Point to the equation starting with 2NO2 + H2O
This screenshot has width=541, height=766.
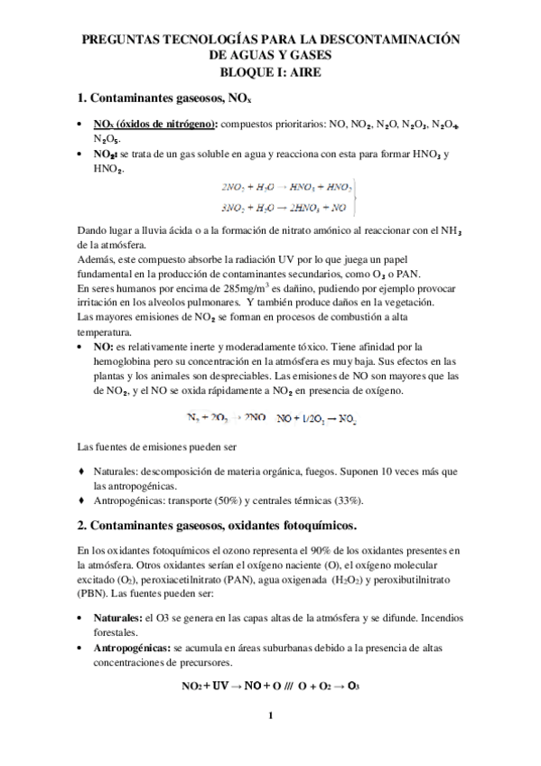click(286, 187)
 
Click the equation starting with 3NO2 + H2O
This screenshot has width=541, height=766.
click(286, 206)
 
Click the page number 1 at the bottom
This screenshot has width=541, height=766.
click(270, 719)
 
